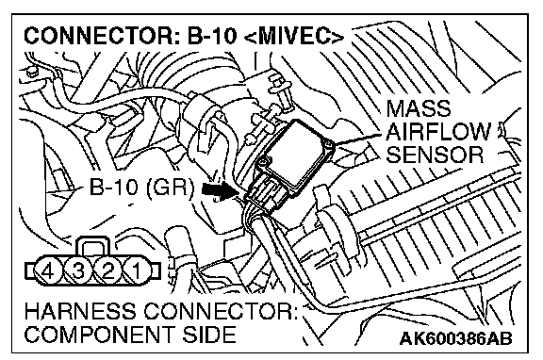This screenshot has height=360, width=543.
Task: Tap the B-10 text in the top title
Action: (212, 36)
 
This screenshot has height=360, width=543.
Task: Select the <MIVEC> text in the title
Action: (294, 36)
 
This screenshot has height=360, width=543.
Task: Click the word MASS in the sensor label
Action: (418, 108)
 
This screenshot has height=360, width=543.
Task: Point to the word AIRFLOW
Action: (437, 132)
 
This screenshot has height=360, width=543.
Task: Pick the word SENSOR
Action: (435, 155)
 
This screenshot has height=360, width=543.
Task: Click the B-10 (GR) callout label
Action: (141, 188)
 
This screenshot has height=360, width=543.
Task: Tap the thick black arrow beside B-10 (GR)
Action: (221, 190)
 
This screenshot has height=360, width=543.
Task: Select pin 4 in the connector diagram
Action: (48, 271)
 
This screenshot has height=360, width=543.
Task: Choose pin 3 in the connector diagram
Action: (78, 271)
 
